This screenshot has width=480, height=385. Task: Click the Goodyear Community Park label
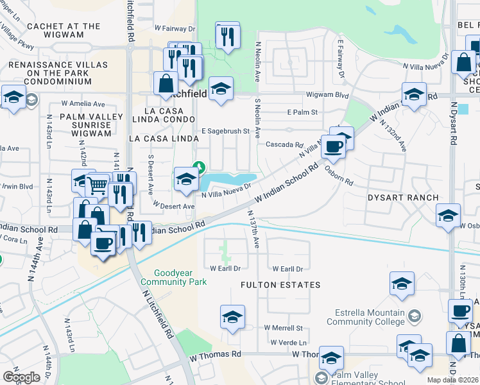pos(173,277)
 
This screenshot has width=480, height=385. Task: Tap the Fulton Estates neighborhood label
pos(280,284)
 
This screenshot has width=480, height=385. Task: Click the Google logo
pos(21,377)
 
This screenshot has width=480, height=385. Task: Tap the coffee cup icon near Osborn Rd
pos(333,146)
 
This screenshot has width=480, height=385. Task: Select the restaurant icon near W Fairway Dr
pos(227,35)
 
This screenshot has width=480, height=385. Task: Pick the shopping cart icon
pos(97,185)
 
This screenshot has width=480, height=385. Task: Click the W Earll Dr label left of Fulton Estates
pos(225,268)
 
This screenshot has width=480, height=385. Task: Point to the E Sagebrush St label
pos(225,131)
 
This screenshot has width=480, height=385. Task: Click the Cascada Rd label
pos(284,144)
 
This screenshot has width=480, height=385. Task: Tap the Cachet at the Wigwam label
pos(64,31)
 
